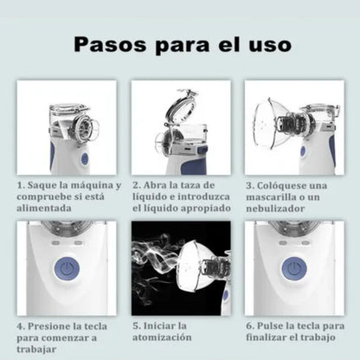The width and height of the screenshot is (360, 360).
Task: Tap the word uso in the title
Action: tap(267, 43)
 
